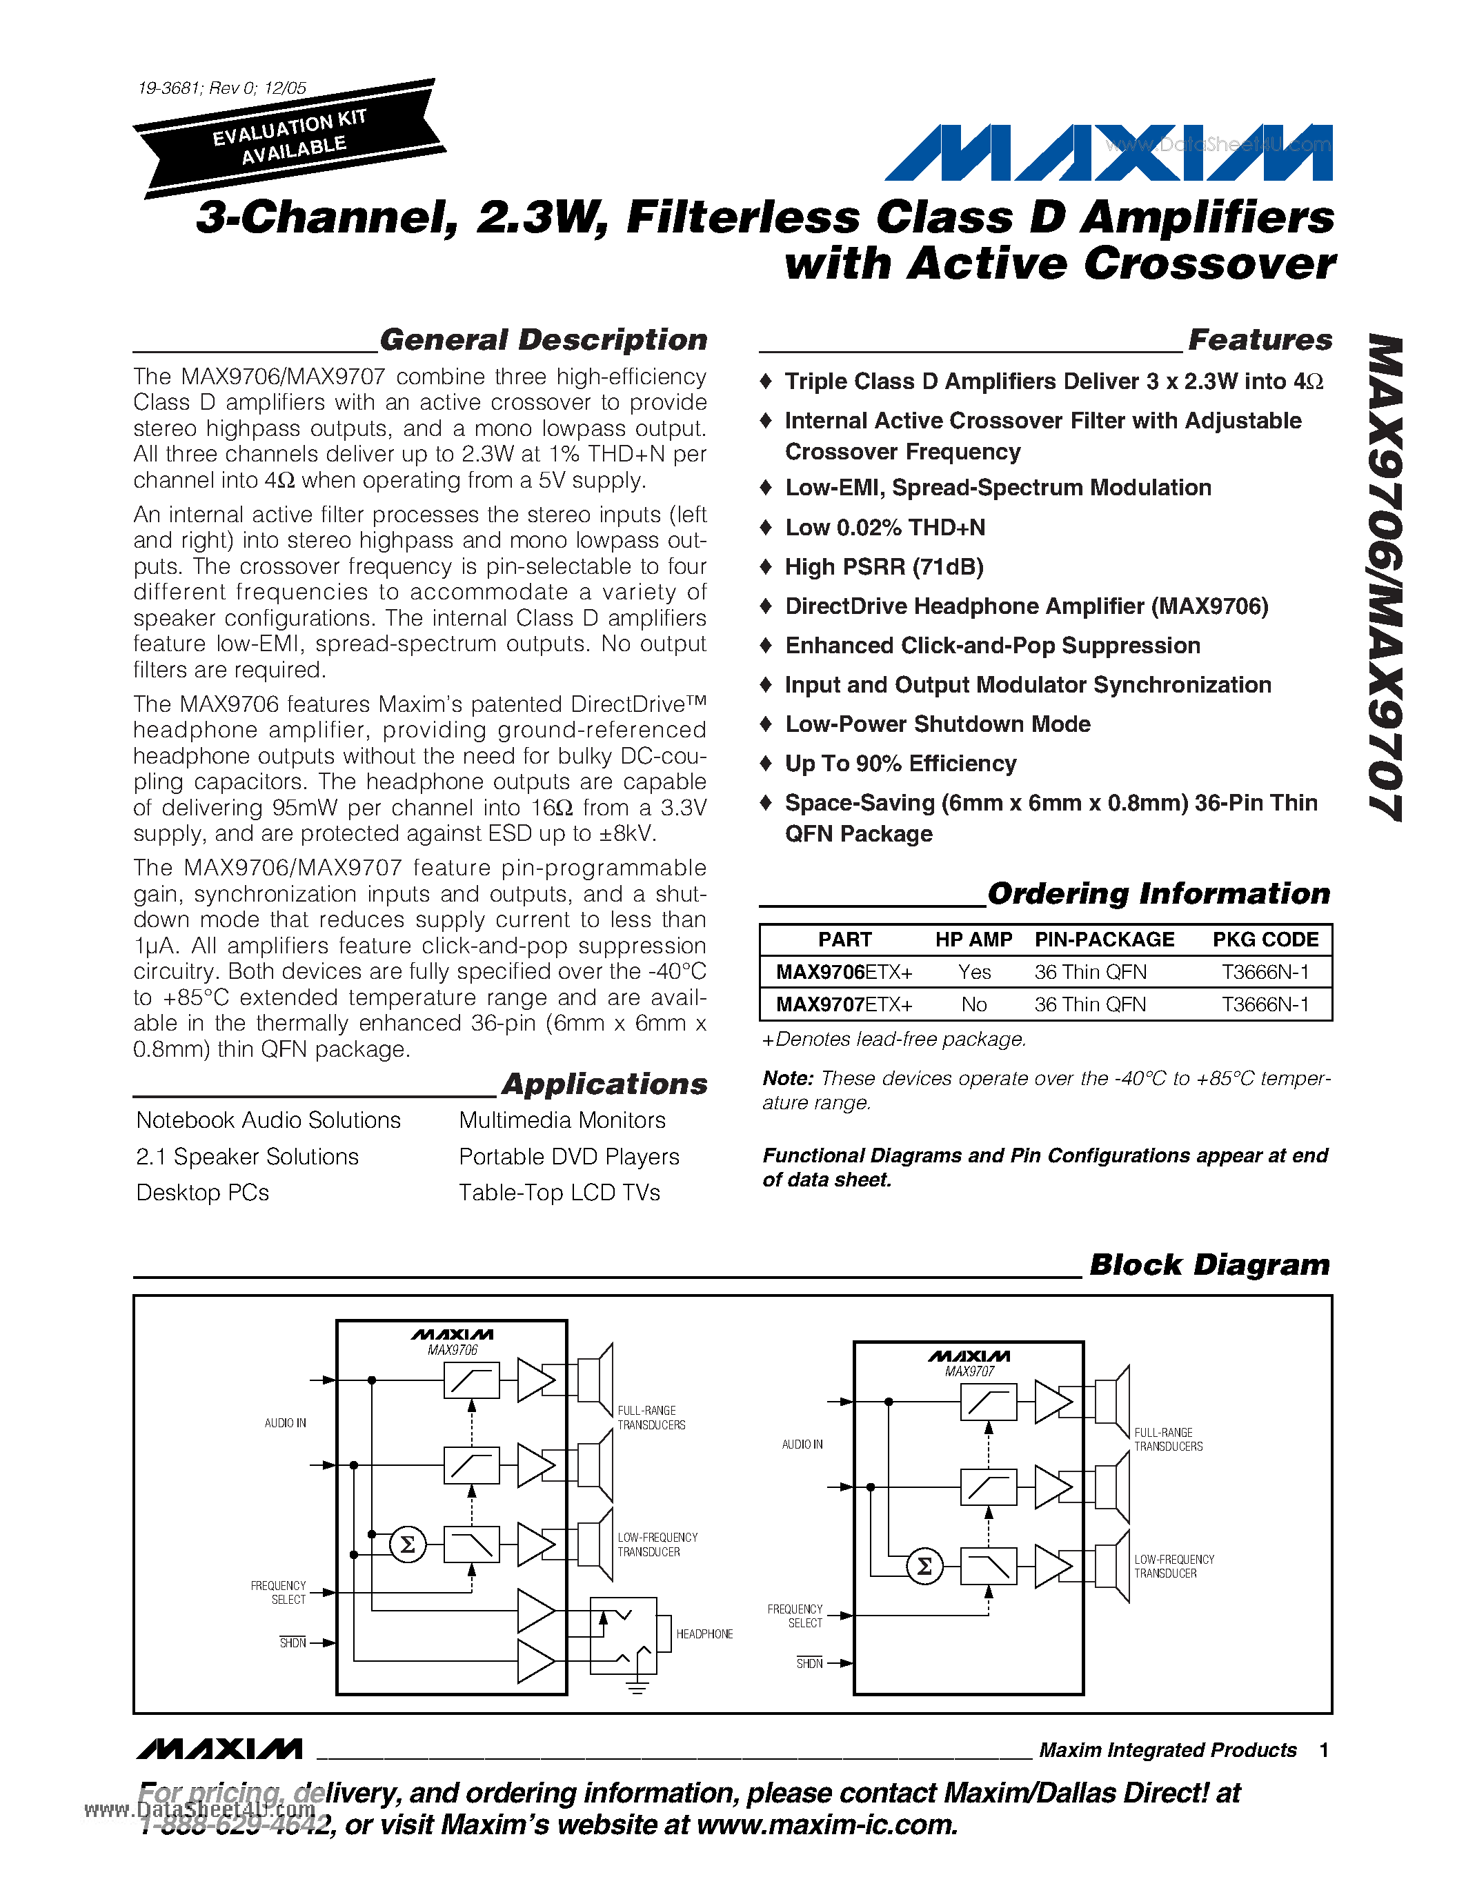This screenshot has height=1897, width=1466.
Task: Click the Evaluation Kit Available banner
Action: click(x=289, y=139)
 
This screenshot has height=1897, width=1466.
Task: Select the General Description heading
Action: click(x=543, y=339)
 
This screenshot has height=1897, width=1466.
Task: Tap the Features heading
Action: click(x=1259, y=339)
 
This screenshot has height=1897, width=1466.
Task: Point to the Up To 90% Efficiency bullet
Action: click(x=900, y=764)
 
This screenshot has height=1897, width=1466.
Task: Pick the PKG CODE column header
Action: click(x=1265, y=940)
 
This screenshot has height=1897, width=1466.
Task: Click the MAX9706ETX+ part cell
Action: click(x=843, y=972)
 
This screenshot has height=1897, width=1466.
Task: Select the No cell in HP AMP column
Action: click(x=973, y=1005)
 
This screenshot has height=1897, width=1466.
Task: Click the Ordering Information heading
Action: click(x=1158, y=894)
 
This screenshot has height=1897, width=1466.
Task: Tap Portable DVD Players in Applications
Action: click(x=569, y=1157)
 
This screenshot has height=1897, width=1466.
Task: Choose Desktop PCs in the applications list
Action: click(x=202, y=1193)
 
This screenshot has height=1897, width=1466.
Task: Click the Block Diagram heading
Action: click(x=1209, y=1264)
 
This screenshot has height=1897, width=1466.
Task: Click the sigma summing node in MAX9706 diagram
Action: click(x=407, y=1545)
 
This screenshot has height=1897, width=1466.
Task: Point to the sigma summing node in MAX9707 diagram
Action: click(x=924, y=1566)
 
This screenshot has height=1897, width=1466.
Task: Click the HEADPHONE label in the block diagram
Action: click(x=704, y=1633)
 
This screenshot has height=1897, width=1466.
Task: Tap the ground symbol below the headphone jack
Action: click(x=637, y=1687)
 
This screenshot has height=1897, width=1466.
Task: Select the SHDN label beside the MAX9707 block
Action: click(x=809, y=1663)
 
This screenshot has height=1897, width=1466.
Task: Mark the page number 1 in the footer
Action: click(x=1324, y=1750)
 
